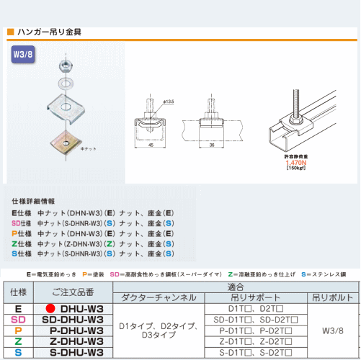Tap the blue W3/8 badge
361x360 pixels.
tap(24, 54)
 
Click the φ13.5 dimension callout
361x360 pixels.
tap(169, 102)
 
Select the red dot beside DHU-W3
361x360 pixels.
tap(50, 308)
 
